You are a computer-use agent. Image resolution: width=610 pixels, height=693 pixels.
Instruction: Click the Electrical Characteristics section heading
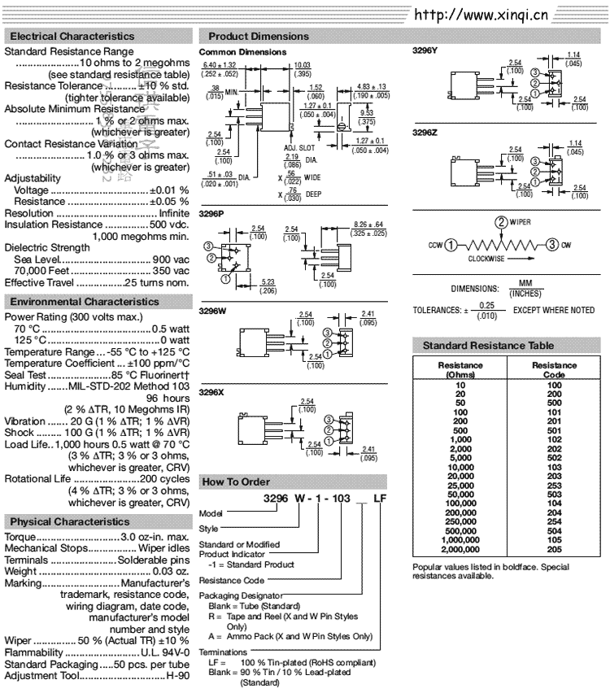pos(72,37)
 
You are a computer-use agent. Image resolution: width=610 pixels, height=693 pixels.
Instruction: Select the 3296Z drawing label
pos(425,131)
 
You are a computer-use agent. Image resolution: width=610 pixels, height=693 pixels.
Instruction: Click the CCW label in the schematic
pos(435,244)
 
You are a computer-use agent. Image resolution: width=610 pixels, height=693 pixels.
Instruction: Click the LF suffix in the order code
pos(379,498)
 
